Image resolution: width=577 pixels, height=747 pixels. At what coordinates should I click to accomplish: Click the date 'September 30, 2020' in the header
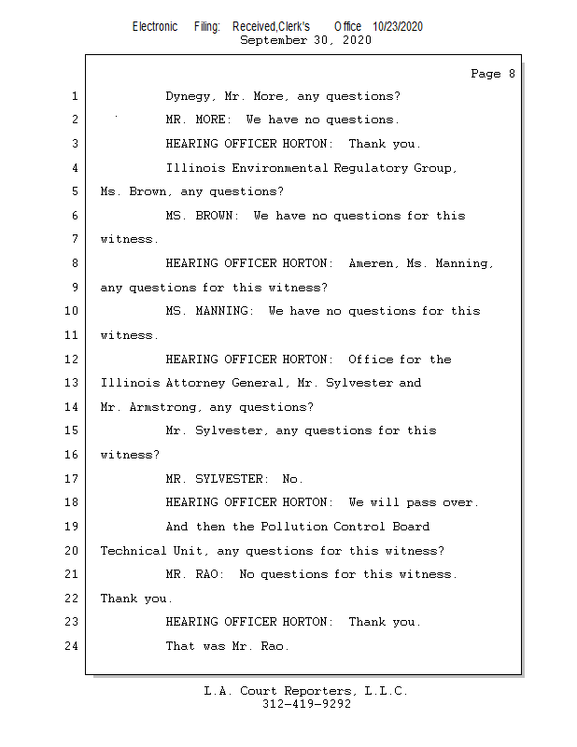tap(305, 40)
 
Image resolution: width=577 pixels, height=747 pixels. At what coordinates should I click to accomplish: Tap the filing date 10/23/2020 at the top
tap(397, 26)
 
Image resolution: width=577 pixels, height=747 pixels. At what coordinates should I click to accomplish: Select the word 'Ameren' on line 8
tap(373, 263)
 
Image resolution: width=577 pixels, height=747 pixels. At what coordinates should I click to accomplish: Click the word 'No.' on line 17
tap(292, 479)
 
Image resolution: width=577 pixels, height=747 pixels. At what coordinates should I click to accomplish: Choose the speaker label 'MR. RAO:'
tap(194, 574)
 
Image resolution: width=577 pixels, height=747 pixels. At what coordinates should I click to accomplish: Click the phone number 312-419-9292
tap(306, 704)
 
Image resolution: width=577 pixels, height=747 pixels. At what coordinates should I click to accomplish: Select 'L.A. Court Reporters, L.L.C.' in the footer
tap(305, 691)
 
